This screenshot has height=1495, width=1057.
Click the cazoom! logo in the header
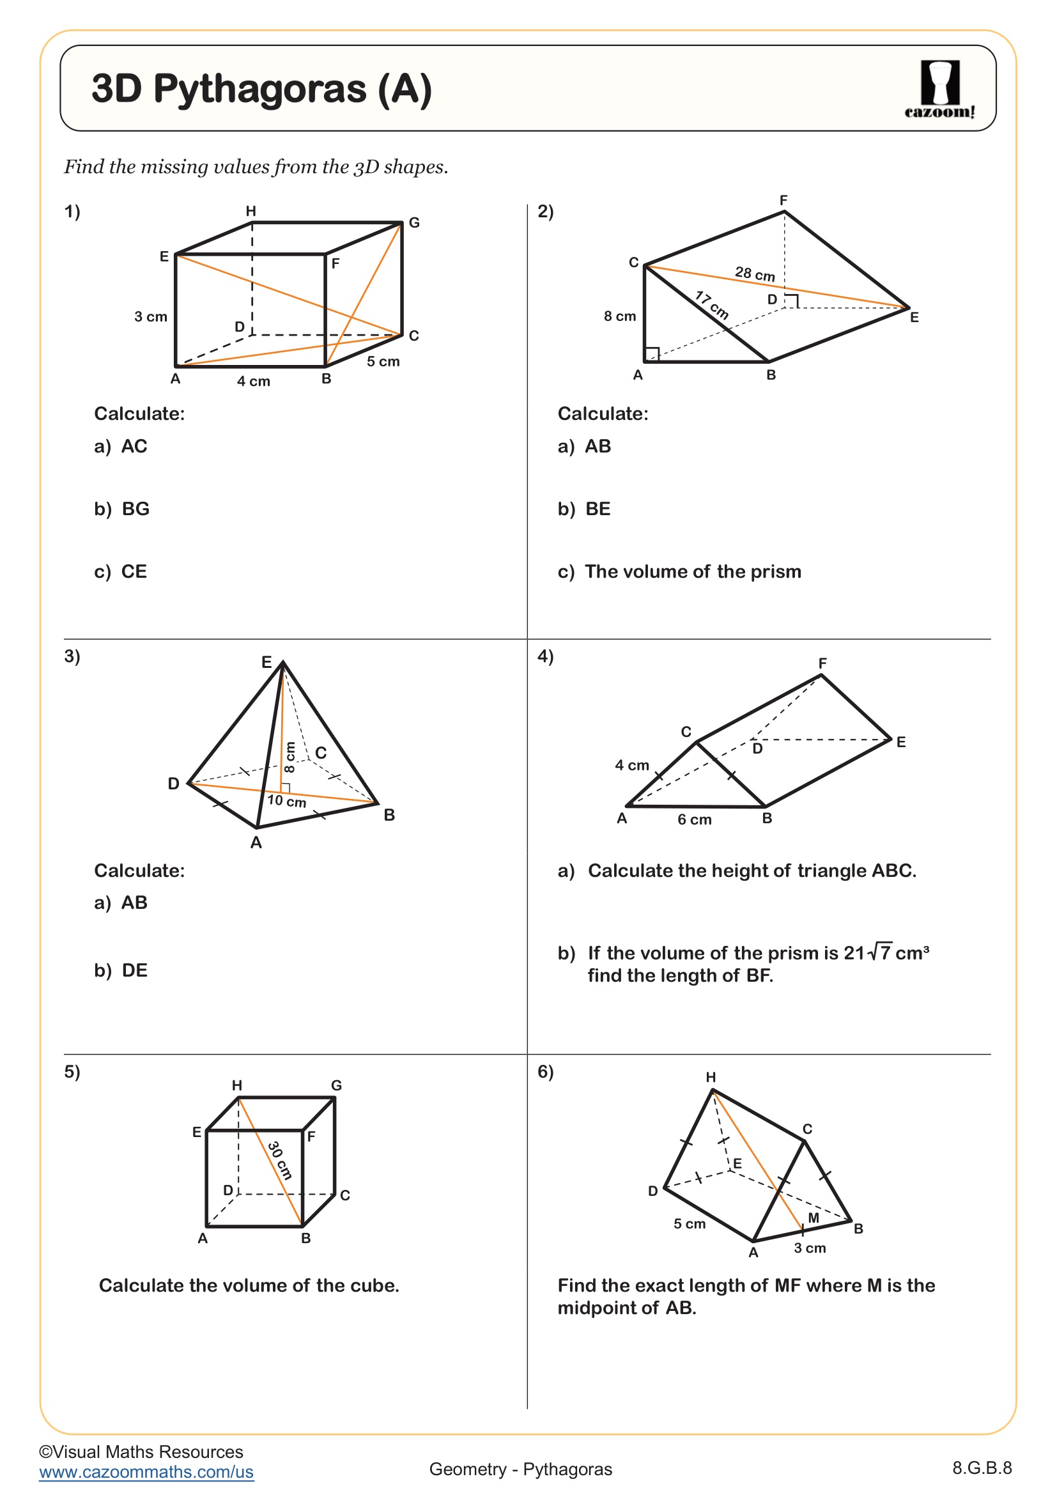pos(939,89)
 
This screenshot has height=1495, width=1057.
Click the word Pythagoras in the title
pos(259,89)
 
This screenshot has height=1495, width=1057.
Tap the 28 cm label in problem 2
pos(754,274)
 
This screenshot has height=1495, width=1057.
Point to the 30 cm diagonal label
pos(280,1159)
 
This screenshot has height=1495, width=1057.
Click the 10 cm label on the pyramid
pos(286,801)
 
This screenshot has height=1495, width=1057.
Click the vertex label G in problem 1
pos(414,222)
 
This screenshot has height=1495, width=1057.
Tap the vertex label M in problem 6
pos(813,1218)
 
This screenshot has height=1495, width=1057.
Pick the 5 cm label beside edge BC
pos(383,361)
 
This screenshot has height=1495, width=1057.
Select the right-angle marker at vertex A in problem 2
pos(651,354)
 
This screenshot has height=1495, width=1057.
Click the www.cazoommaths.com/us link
pos(146,1472)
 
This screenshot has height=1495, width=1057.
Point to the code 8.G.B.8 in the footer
pos(982,1468)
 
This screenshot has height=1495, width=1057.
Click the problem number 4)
pos(545,656)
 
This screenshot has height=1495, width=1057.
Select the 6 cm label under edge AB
pos(695,820)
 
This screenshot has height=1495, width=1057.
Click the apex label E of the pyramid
pos(266,662)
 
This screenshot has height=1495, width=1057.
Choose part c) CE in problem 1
pos(121,571)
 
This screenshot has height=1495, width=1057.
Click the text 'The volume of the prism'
pos(693,571)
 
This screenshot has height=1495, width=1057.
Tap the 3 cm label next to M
pos(809,1248)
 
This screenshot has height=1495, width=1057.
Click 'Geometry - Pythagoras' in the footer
pos(521,1469)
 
